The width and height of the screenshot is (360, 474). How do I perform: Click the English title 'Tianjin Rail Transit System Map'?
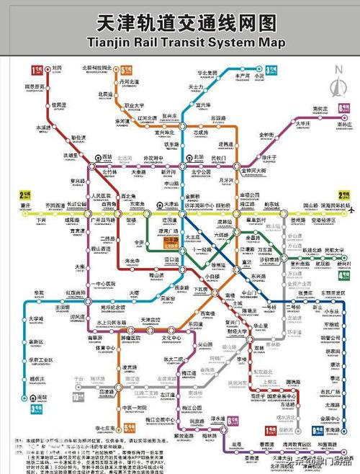pyautogui.click(x=179, y=43)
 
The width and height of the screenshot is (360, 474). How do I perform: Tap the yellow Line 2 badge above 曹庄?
pyautogui.click(x=24, y=194)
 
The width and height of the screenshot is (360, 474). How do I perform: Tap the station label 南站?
pyautogui.click(x=42, y=396)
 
